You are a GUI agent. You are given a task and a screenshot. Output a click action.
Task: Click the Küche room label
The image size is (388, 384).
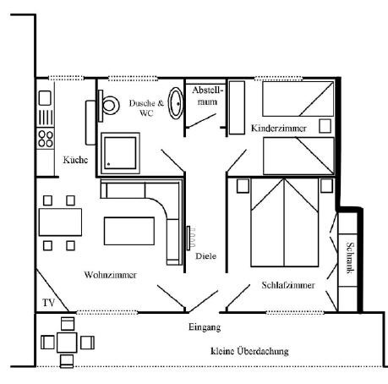click(x=75, y=160)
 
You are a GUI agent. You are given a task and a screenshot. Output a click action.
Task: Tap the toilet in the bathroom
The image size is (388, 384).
click(x=108, y=106)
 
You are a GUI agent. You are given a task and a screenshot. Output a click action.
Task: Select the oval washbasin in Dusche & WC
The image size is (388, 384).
click(x=176, y=103)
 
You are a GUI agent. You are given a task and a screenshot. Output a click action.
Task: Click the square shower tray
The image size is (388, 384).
click(x=120, y=153)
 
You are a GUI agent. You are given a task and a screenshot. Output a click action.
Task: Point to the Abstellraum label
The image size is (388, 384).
click(x=207, y=96)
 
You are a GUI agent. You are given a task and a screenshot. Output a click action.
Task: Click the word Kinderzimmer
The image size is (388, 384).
click(x=279, y=129)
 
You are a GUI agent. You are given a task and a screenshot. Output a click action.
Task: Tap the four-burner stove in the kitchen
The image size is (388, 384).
click(x=46, y=139)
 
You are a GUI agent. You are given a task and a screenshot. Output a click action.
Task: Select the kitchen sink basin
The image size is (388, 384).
click(x=45, y=98)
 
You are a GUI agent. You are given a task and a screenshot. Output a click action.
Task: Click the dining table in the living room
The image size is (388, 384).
click(x=60, y=222)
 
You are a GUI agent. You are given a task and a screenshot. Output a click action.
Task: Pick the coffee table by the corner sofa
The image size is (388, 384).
click(x=129, y=231)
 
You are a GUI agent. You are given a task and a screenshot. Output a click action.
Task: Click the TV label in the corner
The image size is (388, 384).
click(x=48, y=303)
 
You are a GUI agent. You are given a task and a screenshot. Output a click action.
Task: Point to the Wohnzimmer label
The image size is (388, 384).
click(x=111, y=275)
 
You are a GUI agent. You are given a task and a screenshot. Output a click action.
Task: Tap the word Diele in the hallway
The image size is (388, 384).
click(x=206, y=256)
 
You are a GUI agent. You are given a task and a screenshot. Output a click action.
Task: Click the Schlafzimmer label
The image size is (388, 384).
click(x=288, y=285)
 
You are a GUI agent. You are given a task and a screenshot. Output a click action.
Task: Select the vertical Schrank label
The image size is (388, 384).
click(x=350, y=258)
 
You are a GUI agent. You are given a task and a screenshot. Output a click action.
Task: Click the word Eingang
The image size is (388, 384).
click(x=205, y=327)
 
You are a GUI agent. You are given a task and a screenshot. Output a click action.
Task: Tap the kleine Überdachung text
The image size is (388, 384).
click(x=249, y=351)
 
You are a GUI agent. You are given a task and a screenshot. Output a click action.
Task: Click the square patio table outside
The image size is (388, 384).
click(x=67, y=343)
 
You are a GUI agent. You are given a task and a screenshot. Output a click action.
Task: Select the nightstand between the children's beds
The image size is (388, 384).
click(x=325, y=126)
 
